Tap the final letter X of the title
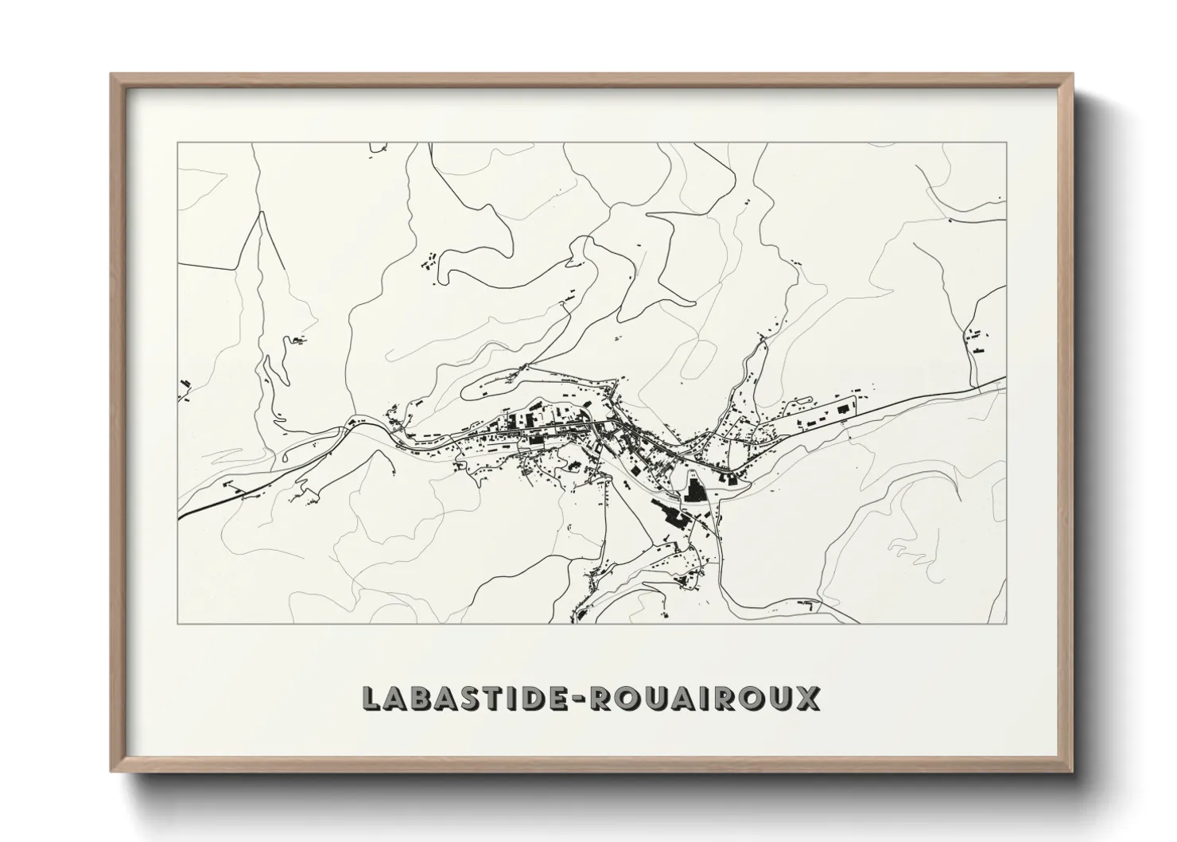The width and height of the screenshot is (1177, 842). [806, 698]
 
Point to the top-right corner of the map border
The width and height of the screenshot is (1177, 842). [1007, 143]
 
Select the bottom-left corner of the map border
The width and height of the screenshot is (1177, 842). [177, 623]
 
